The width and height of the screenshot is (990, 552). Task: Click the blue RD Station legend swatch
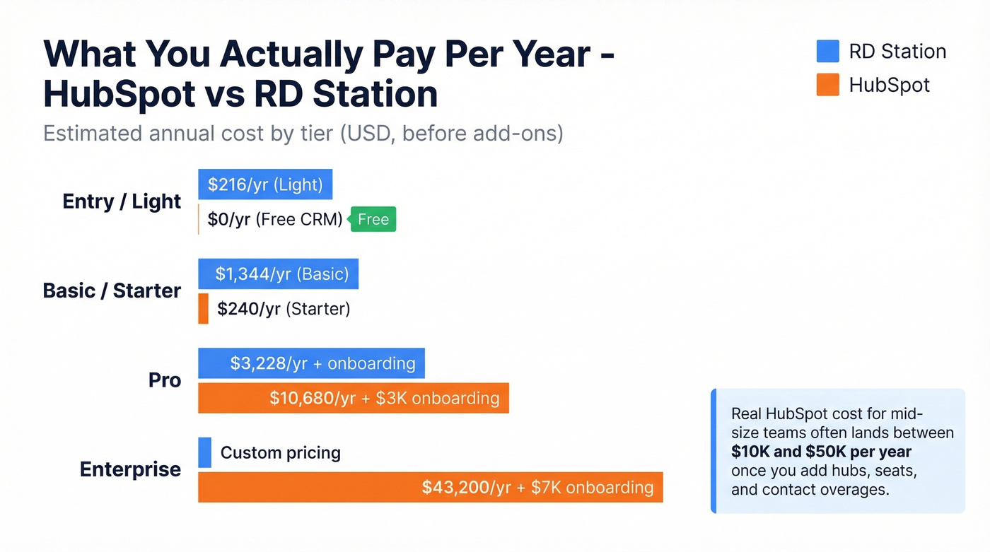click(x=827, y=51)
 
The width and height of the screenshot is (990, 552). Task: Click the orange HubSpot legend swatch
click(x=827, y=85)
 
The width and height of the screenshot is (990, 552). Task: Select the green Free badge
click(x=373, y=219)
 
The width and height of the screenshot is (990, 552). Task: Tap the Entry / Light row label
click(x=122, y=201)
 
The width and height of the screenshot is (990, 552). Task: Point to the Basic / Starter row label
click(x=112, y=290)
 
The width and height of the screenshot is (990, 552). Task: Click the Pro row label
click(x=165, y=380)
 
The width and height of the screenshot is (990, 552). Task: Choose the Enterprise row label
click(x=130, y=469)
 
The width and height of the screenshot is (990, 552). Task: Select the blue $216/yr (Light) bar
click(x=265, y=184)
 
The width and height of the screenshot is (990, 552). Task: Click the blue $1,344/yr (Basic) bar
click(x=278, y=274)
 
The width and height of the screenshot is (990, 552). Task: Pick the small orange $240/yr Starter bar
click(x=203, y=309)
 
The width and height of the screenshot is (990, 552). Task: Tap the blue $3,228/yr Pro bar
click(x=311, y=363)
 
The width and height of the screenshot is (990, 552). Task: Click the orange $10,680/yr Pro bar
click(x=353, y=398)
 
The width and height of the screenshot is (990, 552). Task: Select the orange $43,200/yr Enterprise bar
click(x=430, y=487)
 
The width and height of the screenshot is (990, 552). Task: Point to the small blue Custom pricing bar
click(x=204, y=452)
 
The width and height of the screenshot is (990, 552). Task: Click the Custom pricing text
click(x=281, y=452)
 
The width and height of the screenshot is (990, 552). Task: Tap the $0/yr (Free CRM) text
click(x=274, y=220)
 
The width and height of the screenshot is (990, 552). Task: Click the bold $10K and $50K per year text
click(x=821, y=452)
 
